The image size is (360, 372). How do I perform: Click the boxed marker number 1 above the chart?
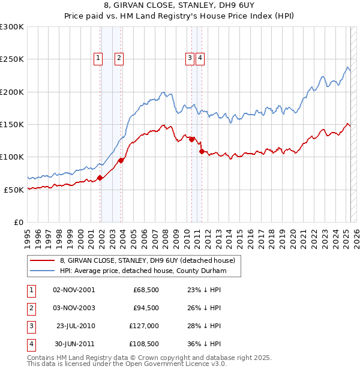click(97, 58)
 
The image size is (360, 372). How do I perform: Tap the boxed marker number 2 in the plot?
click(119, 58)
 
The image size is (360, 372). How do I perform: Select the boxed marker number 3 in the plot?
click(190, 58)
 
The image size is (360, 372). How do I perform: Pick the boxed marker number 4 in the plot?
click(200, 58)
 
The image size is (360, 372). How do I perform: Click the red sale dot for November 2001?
click(100, 177)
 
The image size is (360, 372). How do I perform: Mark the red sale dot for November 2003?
click(121, 160)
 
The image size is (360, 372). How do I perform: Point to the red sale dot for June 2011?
click(202, 151)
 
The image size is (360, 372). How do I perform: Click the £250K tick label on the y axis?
click(11, 59)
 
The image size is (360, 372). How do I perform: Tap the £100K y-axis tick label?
click(11, 157)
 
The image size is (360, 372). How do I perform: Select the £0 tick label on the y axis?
click(18, 222)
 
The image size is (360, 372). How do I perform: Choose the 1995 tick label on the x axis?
click(28, 235)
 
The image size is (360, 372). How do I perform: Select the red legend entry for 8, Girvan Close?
click(150, 260)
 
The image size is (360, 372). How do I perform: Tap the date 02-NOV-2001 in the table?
click(74, 290)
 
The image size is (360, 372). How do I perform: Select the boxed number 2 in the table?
click(29, 308)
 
